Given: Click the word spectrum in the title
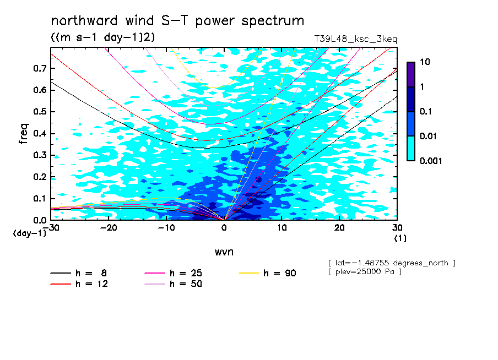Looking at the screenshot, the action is point(273,21).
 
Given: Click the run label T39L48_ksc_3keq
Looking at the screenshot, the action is point(355,39).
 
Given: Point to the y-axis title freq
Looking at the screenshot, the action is point(24,134).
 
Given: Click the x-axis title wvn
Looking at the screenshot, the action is point(224,252).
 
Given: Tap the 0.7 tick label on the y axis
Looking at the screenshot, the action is point(40,68).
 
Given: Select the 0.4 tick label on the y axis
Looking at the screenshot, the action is point(40,133).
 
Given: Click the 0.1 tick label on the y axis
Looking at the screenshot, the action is point(40,198).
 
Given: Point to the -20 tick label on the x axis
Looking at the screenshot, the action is point(109,228).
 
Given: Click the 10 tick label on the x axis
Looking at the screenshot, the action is point(282,228).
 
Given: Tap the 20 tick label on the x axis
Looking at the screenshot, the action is point(339,228).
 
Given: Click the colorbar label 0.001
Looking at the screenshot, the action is point(431,161).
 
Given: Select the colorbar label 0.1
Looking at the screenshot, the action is point(426,111).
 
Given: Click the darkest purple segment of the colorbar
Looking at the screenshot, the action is point(411,75).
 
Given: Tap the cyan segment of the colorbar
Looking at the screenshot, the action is point(411,149).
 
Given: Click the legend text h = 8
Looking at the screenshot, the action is point(91,273).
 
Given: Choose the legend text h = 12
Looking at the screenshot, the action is point(91,284).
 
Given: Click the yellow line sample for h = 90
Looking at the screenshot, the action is point(248,273).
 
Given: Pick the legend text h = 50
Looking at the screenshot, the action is point(186,284).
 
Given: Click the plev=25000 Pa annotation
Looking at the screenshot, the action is point(365,272).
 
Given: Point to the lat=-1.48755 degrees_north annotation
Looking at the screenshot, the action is point(392,263).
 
